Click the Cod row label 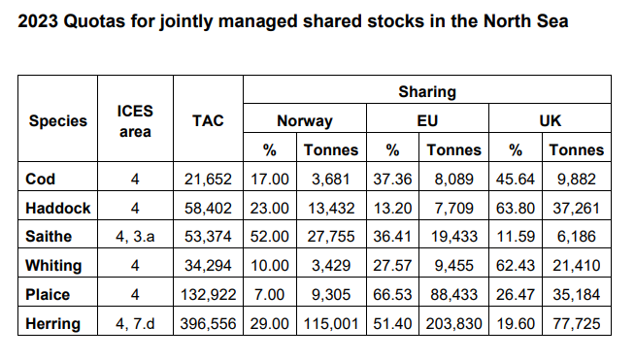[41, 179]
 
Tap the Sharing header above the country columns [426, 92]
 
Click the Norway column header [304, 121]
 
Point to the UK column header [550, 121]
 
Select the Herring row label [52, 322]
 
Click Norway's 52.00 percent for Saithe [270, 236]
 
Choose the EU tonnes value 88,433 [453, 294]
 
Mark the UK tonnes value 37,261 [576, 207]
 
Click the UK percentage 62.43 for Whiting [516, 265]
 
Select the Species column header [57, 121]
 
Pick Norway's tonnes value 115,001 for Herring [330, 322]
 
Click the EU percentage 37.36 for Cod [392, 179]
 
